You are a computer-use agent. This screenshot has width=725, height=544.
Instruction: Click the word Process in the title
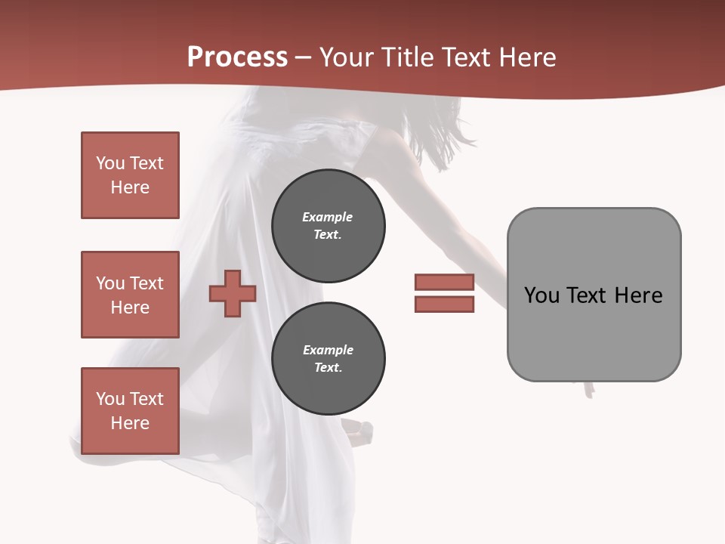[x=237, y=57]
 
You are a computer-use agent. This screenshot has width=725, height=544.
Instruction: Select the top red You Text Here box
[x=130, y=175]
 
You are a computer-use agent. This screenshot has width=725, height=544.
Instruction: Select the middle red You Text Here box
[x=130, y=295]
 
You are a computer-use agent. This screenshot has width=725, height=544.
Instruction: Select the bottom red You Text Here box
[x=130, y=410]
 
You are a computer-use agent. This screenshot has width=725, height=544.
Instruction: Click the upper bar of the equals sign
[x=444, y=282]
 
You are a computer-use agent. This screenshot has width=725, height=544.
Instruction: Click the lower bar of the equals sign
[x=444, y=304]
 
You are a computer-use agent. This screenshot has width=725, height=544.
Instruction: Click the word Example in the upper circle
[x=328, y=217]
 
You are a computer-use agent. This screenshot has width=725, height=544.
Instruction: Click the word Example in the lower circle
[x=328, y=350]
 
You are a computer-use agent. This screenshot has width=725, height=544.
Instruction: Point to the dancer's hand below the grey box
[x=588, y=389]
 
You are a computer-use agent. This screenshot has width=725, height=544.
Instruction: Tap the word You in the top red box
[x=110, y=163]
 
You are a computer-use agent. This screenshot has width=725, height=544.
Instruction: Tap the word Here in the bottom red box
[x=130, y=423]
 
